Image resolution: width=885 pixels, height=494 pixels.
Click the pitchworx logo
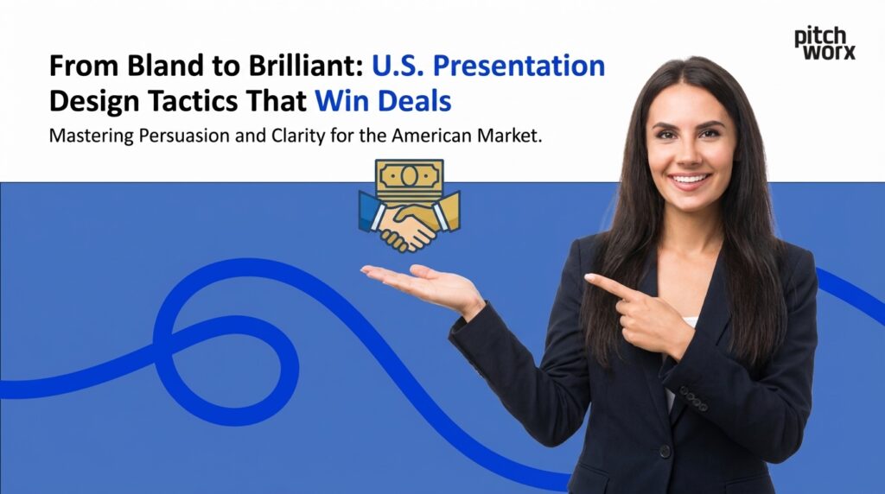[825, 43]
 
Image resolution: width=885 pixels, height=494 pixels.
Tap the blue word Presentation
[518, 66]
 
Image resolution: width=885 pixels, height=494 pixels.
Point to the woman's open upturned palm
[415, 282]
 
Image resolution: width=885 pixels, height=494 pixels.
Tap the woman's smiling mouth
[691, 180]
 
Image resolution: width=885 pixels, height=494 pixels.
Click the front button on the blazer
[664, 451]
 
